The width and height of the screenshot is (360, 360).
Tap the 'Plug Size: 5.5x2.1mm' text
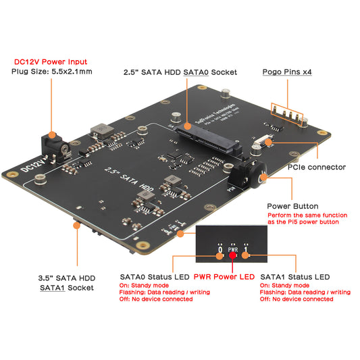(53, 72)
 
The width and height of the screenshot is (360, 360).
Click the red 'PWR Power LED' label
(224, 276)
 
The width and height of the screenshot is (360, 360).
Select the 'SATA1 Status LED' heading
(294, 277)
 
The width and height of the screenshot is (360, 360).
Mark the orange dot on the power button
(262, 177)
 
